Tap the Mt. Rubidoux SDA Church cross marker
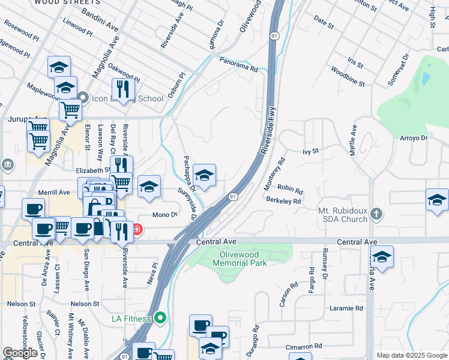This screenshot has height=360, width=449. pos(376,214)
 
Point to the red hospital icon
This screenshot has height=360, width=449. pos(137,229)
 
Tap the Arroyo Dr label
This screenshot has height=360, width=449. pos(413,138)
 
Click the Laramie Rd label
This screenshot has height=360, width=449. pos(346,308)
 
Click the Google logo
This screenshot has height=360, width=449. pos(20,353)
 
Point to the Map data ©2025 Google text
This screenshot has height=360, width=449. pos(411,355)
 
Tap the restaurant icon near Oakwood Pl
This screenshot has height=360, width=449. pos(123,89)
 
